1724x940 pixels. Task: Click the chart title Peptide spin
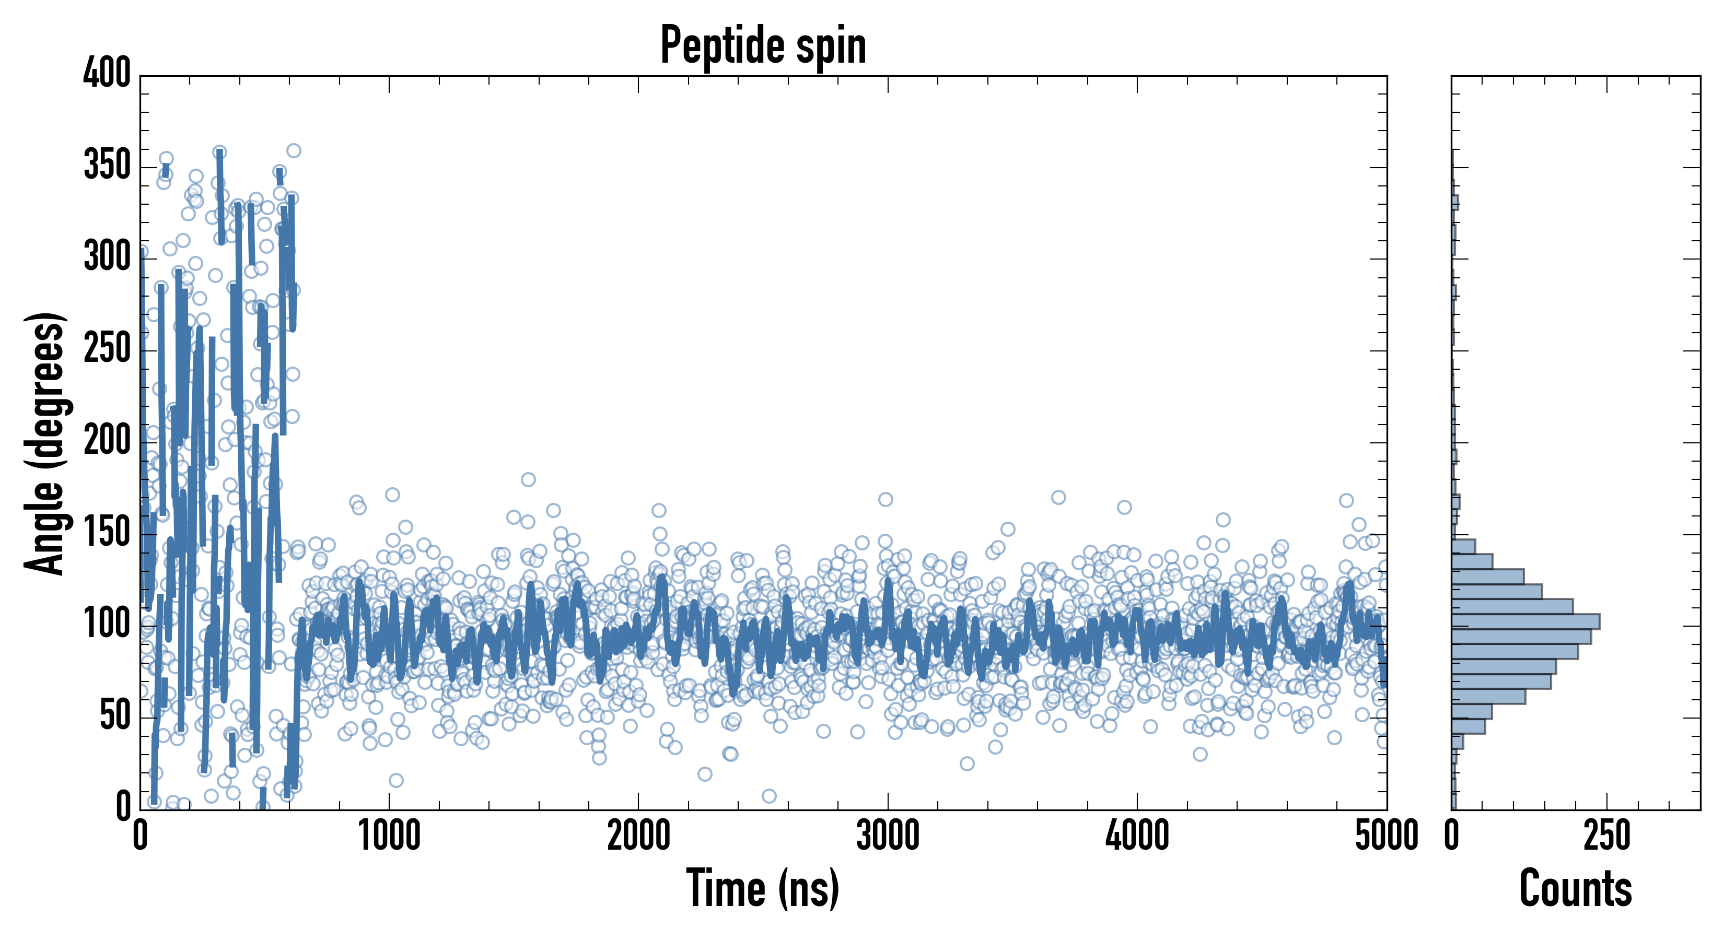coord(763,45)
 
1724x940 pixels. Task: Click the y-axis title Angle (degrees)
coord(45,443)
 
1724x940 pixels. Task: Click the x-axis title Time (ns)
coord(763,888)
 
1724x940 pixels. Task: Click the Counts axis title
coord(1576,888)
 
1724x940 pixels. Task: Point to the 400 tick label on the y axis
coord(107,73)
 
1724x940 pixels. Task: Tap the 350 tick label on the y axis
coord(107,165)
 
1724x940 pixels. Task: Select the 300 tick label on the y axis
coord(107,257)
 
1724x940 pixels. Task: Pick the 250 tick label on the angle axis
coord(107,348)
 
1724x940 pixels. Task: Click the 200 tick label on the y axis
coord(107,440)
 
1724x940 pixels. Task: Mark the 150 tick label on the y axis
coord(107,533)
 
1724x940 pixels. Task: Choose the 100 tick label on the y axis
coord(107,624)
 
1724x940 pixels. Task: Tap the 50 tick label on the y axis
coord(115,716)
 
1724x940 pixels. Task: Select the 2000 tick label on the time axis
coord(638,836)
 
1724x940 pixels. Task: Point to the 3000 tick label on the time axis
coord(888,836)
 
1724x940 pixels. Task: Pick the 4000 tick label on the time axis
coord(1137,836)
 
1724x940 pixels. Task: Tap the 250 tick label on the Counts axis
coord(1607,836)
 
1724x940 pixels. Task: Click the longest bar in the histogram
coord(1525,621)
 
